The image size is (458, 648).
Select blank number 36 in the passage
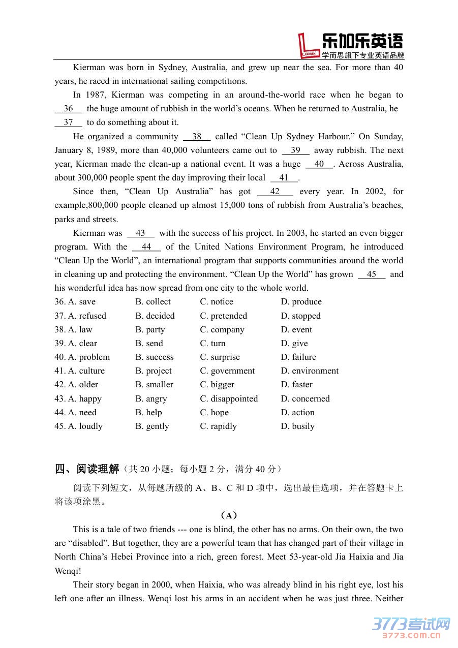69,109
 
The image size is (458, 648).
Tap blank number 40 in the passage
319,164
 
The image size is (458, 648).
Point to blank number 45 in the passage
372,274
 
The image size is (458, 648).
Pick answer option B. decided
155,316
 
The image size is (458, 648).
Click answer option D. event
296,330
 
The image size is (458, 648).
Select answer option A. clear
76,344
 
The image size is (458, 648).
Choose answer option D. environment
310,371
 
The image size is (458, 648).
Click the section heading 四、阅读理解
87,469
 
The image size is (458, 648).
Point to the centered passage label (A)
229,515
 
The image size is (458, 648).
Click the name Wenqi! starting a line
68,571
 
